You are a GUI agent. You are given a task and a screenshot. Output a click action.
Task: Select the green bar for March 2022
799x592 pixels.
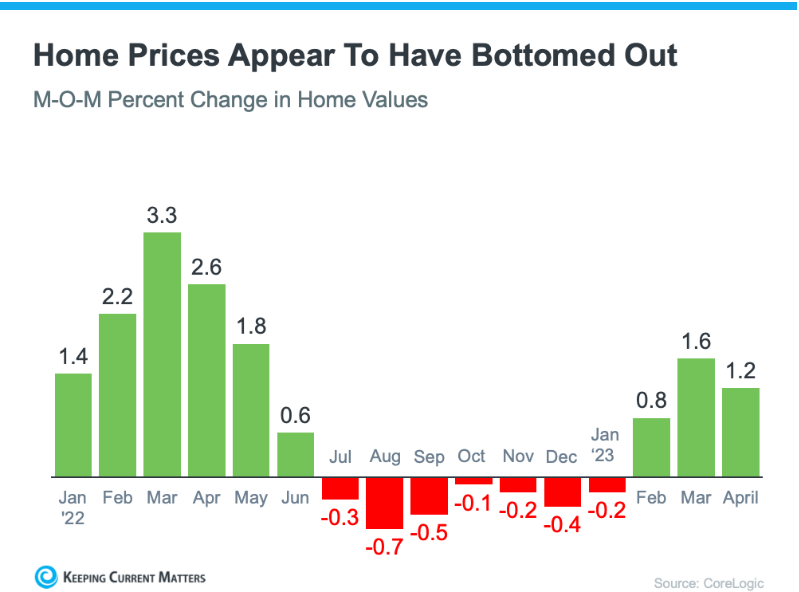pyautogui.click(x=162, y=354)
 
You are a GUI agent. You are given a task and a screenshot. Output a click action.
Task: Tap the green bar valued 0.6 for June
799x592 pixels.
pyautogui.click(x=295, y=454)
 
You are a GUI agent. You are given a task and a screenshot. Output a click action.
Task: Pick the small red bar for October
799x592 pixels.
pyautogui.click(x=473, y=481)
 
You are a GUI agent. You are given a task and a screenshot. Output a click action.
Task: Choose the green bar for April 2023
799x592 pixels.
pyautogui.click(x=740, y=432)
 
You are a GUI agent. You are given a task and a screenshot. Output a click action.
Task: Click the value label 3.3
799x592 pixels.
pyautogui.click(x=162, y=215)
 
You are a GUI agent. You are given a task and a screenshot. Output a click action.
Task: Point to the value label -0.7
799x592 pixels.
pyautogui.click(x=384, y=547)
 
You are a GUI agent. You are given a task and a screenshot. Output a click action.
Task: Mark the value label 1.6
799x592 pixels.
pyautogui.click(x=696, y=341)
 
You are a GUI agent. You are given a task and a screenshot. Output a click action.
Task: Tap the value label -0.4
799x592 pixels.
pyautogui.click(x=562, y=525)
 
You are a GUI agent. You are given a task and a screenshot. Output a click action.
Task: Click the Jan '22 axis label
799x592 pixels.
pyautogui.click(x=73, y=506)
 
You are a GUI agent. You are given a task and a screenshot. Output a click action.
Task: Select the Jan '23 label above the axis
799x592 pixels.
pyautogui.click(x=605, y=445)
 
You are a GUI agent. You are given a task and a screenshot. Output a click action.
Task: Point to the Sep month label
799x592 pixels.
pyautogui.click(x=429, y=457)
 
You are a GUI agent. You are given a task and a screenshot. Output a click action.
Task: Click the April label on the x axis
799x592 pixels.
pyautogui.click(x=740, y=497)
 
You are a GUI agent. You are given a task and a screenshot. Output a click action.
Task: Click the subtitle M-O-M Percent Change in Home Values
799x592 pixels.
pyautogui.click(x=230, y=100)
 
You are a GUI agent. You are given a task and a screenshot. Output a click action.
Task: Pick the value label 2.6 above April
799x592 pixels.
pyautogui.click(x=207, y=267)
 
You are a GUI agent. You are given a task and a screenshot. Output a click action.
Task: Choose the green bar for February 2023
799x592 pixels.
pyautogui.click(x=651, y=447)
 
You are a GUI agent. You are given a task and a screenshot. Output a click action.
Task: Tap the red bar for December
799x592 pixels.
pyautogui.click(x=562, y=492)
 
